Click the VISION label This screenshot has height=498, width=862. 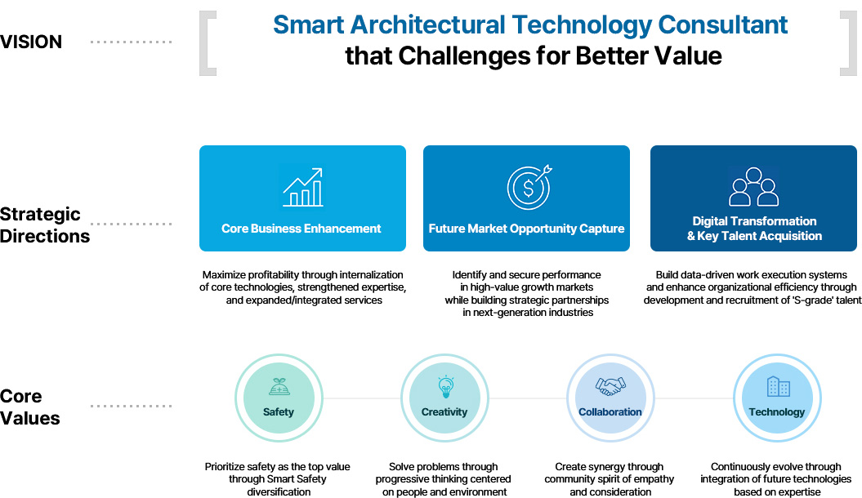(31, 42)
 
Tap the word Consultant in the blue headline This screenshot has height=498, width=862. (722, 24)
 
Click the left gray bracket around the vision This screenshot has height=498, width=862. (207, 42)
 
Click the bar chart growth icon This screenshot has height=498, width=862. (303, 187)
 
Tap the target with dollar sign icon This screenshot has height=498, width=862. (529, 187)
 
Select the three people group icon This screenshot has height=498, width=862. (753, 187)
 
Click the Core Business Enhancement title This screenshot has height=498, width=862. (301, 229)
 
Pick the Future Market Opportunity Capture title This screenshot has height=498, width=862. (526, 229)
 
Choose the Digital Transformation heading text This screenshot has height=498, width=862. (754, 221)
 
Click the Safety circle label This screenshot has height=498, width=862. (278, 411)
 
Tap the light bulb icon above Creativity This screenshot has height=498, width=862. (445, 386)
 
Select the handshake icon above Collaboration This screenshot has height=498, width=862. (610, 386)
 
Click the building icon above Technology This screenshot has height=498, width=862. (778, 386)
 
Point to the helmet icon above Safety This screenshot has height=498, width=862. (279, 386)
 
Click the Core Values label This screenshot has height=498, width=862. (29, 407)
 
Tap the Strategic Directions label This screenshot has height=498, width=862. (44, 225)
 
